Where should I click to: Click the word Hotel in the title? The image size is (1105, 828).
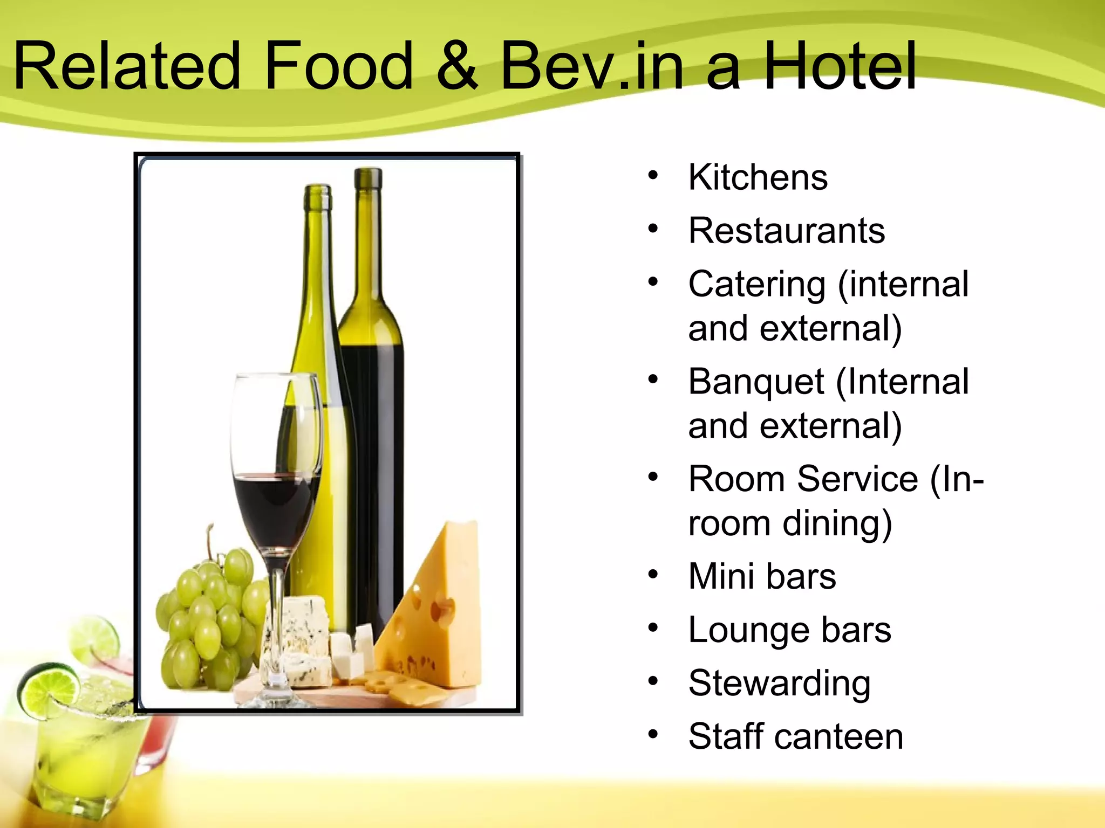point(840,67)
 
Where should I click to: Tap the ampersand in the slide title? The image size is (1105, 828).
point(456,67)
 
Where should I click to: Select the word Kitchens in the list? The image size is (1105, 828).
point(758,177)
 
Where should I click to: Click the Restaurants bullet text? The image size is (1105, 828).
point(787,231)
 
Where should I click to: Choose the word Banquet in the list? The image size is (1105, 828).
point(756,382)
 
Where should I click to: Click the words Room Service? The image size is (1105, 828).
point(803,479)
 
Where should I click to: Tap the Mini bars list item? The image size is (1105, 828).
point(762,576)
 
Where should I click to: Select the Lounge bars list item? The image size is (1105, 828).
point(789,630)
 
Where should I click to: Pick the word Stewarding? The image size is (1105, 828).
point(779,684)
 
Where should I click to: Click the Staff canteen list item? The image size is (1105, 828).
point(795,736)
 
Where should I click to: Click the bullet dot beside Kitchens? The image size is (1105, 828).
point(653,176)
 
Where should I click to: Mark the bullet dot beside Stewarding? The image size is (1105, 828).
point(653,681)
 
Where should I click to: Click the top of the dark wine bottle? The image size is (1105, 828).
point(368,178)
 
